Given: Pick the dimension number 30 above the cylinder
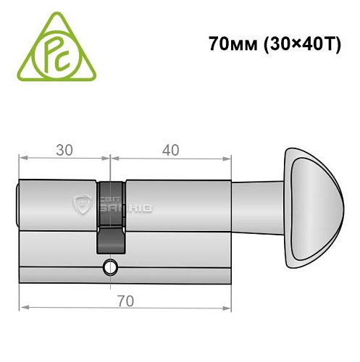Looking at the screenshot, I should (64, 150).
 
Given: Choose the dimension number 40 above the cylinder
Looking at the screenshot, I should (171, 150).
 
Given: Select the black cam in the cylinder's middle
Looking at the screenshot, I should (109, 217).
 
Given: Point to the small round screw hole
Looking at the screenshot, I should (109, 266).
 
